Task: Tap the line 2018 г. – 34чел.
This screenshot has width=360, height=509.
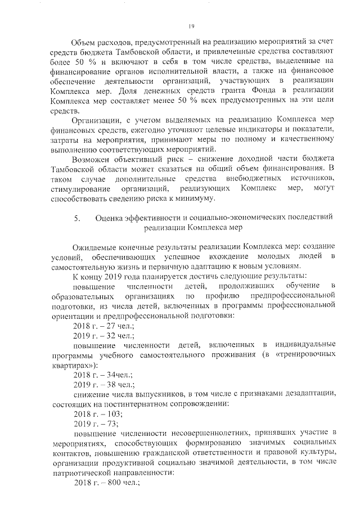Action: (x=100, y=375)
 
